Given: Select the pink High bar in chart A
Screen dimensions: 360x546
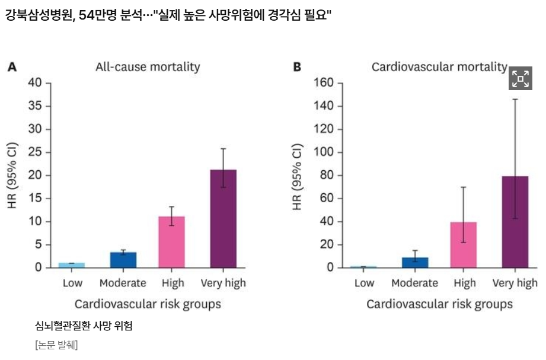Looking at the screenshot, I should click(171, 241).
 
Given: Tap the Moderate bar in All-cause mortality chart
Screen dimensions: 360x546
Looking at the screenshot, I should click(123, 260).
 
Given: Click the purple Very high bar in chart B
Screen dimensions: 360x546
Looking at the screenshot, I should click(515, 222).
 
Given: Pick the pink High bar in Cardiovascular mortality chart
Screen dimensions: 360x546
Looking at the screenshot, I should click(463, 244).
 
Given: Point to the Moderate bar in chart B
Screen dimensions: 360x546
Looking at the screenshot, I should click(415, 262).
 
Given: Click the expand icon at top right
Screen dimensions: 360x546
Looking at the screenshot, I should click(520, 78).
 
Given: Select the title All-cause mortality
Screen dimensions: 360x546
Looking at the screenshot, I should click(148, 67).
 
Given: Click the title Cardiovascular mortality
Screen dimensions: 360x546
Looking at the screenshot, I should click(439, 67).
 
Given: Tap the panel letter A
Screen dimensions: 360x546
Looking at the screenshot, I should click(11, 67).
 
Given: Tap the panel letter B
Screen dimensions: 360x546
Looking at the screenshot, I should click(297, 67).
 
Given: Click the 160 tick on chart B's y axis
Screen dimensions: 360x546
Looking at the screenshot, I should click(324, 83).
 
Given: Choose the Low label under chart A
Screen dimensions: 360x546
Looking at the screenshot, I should click(72, 283).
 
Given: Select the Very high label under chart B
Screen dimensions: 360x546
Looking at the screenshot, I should click(515, 283).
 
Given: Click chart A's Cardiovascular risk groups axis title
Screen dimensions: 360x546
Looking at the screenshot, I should click(148, 304).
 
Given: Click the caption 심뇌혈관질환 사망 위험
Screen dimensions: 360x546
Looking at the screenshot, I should click(84, 326).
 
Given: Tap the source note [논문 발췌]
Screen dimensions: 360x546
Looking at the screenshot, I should click(56, 345).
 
